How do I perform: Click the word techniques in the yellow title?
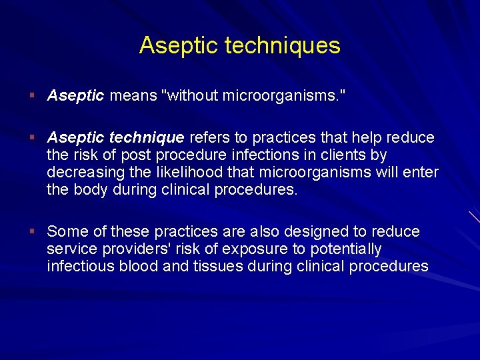283,46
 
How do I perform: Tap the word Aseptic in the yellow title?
179,46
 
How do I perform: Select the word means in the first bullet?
133,96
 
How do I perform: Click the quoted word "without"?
190,96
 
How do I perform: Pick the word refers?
209,138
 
